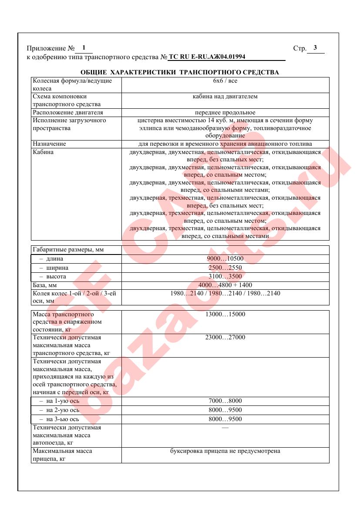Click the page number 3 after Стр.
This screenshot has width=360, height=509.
click(315, 48)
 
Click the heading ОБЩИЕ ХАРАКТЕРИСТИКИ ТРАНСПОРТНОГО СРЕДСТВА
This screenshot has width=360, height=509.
click(180, 72)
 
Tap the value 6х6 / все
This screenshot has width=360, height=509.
click(225, 81)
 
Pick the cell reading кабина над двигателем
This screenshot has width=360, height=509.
click(225, 97)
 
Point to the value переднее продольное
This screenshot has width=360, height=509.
click(225, 113)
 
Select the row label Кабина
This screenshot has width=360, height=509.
click(43, 152)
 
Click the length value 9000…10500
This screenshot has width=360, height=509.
click(225, 259)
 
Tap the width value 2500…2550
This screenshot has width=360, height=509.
click(225, 268)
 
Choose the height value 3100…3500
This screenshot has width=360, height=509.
click(225, 276)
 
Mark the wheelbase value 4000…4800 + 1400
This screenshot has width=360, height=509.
click(225, 285)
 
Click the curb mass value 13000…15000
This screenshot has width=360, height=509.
click(225, 314)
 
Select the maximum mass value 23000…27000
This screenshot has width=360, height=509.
click(225, 338)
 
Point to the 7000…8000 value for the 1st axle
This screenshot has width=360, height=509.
click(225, 401)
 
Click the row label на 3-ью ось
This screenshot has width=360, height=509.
click(59, 419)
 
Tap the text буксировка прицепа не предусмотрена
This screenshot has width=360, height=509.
click(225, 451)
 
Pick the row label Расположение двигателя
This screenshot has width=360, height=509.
click(64, 113)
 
